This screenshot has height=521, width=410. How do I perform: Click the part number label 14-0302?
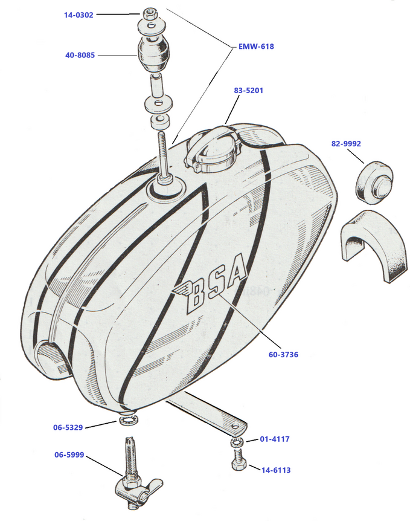(x=78, y=15)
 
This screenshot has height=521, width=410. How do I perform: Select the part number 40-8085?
(x=78, y=56)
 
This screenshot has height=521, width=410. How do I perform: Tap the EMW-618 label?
(x=257, y=46)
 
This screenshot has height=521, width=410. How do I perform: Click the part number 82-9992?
(x=345, y=144)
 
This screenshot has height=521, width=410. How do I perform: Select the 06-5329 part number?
(x=67, y=427)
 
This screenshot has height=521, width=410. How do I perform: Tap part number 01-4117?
(x=275, y=439)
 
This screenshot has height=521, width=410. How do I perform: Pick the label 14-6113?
(x=275, y=469)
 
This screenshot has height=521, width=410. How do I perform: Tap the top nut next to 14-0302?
(x=150, y=13)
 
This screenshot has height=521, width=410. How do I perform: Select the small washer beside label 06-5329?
(x=128, y=419)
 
